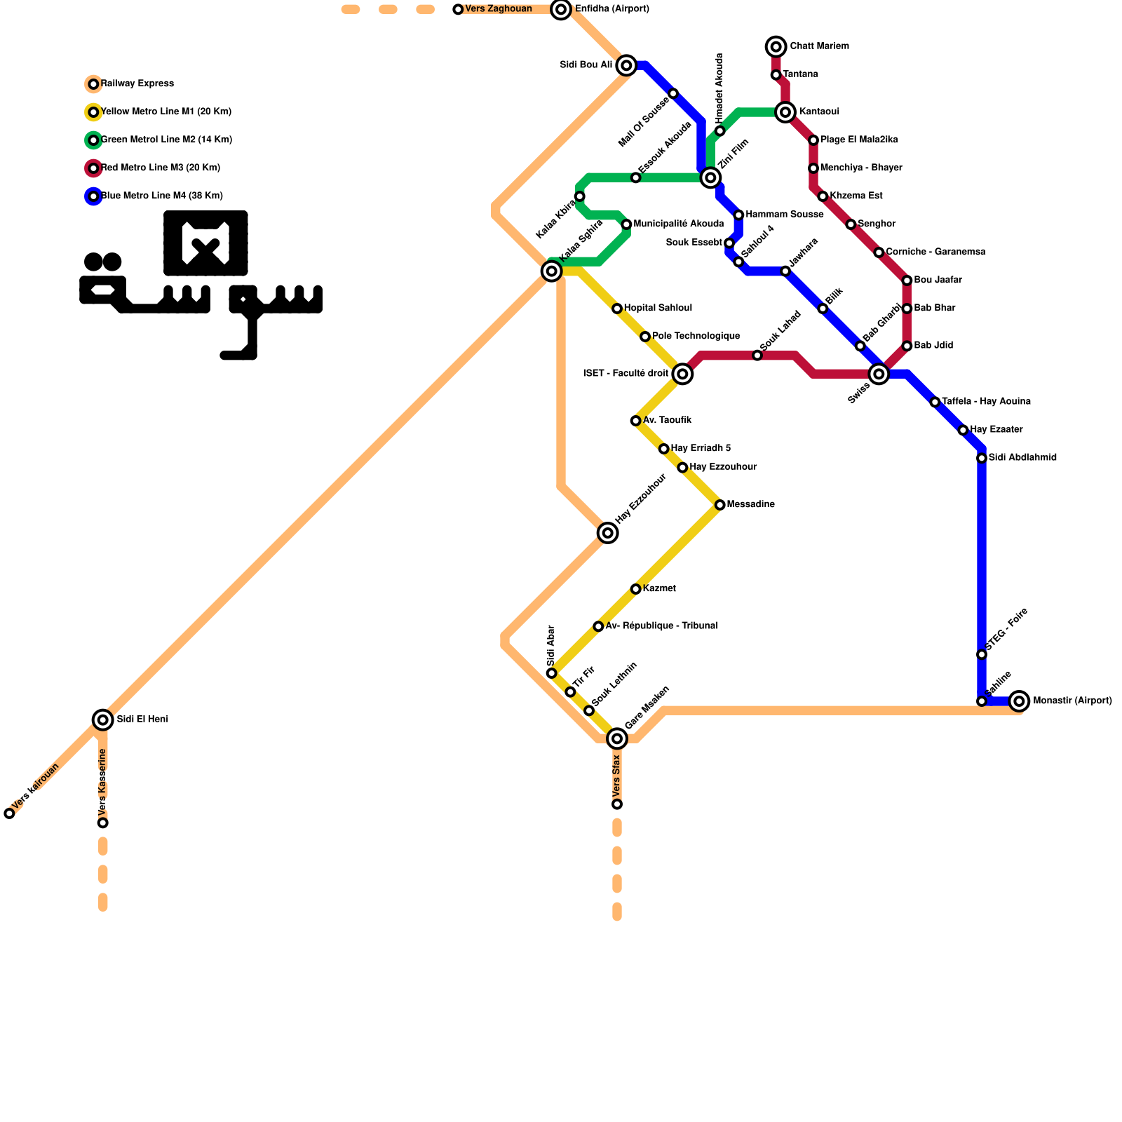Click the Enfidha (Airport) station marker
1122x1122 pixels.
[560, 9]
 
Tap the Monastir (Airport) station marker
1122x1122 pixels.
[1020, 701]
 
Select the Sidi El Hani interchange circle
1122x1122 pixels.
[103, 719]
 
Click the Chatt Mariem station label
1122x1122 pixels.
[819, 46]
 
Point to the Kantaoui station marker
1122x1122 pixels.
[786, 112]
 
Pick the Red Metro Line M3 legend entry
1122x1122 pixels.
[160, 168]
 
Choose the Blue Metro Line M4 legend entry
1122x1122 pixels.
[161, 196]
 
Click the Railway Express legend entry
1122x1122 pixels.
[137, 84]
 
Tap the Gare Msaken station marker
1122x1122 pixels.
[617, 738]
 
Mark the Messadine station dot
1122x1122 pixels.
[719, 505]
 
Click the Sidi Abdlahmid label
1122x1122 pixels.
[1022, 458]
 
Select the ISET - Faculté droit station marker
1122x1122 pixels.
[682, 374]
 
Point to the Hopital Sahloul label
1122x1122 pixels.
[658, 309]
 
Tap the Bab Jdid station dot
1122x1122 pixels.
[907, 346]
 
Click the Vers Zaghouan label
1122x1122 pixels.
[499, 9]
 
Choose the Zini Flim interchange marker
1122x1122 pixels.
[710, 178]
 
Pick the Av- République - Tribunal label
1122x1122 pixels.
[661, 626]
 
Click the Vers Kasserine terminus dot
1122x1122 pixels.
[103, 823]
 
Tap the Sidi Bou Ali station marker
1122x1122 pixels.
[627, 65]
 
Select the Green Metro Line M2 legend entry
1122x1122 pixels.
[165, 140]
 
